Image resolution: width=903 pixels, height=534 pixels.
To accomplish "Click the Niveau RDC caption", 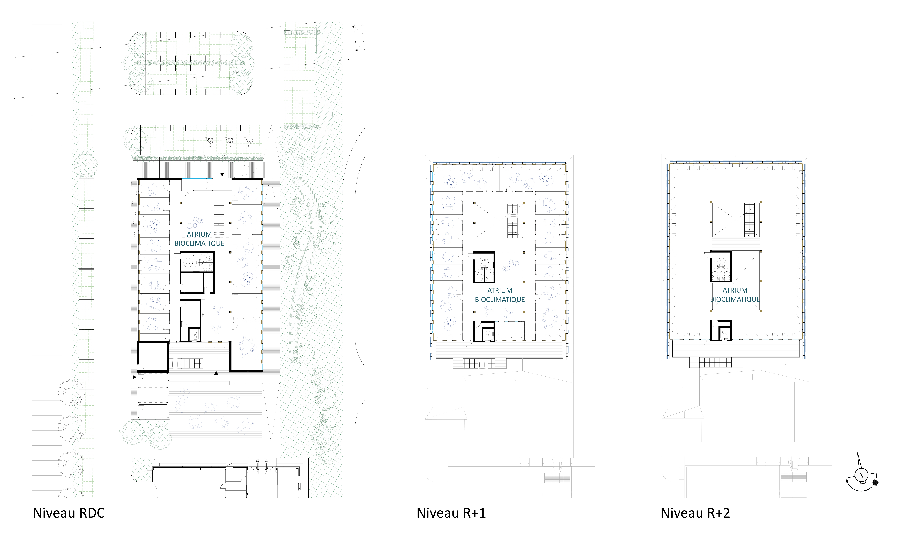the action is (69, 513).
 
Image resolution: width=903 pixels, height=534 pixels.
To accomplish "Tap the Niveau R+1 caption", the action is (451, 513).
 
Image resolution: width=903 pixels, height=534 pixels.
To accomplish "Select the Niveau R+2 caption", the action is (695, 513).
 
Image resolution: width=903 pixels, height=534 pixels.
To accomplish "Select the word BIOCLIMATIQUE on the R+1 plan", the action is (500, 299).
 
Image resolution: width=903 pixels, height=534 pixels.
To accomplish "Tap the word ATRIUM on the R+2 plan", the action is (735, 290).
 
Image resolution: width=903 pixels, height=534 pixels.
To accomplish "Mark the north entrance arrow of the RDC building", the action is (222, 174).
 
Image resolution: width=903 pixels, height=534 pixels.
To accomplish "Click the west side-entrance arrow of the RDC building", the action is (134, 377).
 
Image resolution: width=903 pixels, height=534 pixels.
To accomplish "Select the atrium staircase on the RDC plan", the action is (219, 220).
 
